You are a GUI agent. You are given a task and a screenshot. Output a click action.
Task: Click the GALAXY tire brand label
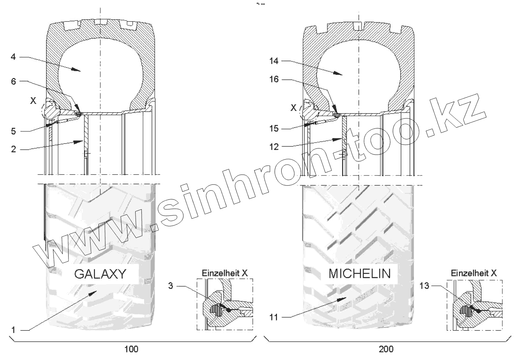pyautogui.click(x=100, y=274)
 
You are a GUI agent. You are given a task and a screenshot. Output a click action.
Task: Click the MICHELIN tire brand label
pyautogui.click(x=359, y=273)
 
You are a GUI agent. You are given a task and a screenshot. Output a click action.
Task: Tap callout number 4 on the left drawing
pyautogui.click(x=13, y=57)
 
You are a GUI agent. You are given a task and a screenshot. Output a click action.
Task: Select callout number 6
pyautogui.click(x=13, y=81)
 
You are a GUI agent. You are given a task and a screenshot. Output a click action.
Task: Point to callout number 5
pyautogui.click(x=13, y=131)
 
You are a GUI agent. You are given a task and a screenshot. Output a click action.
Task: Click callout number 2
pyautogui.click(x=13, y=149)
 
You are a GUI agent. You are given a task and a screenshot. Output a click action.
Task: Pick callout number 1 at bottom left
pyautogui.click(x=13, y=330)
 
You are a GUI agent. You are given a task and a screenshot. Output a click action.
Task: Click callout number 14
pyautogui.click(x=274, y=61)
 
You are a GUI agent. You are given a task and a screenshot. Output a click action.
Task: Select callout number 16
pyautogui.click(x=274, y=79)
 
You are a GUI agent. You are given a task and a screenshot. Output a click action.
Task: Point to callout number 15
pyautogui.click(x=274, y=128)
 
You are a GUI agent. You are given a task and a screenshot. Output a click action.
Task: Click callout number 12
pyautogui.click(x=274, y=146)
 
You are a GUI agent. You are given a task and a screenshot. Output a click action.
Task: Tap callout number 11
pyautogui.click(x=274, y=317)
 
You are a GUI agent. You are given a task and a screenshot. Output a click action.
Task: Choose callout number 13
pyautogui.click(x=425, y=286)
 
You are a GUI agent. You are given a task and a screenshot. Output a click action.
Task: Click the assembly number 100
pyautogui.click(x=131, y=349)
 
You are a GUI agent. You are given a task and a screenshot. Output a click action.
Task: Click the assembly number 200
pyautogui.click(x=386, y=349)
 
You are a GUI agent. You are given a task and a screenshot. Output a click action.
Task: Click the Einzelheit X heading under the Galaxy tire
pyautogui.click(x=225, y=273)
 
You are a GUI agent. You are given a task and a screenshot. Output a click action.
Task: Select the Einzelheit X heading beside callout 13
pyautogui.click(x=473, y=273)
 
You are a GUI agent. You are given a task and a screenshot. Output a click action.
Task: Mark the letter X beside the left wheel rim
pyautogui.click(x=33, y=101)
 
